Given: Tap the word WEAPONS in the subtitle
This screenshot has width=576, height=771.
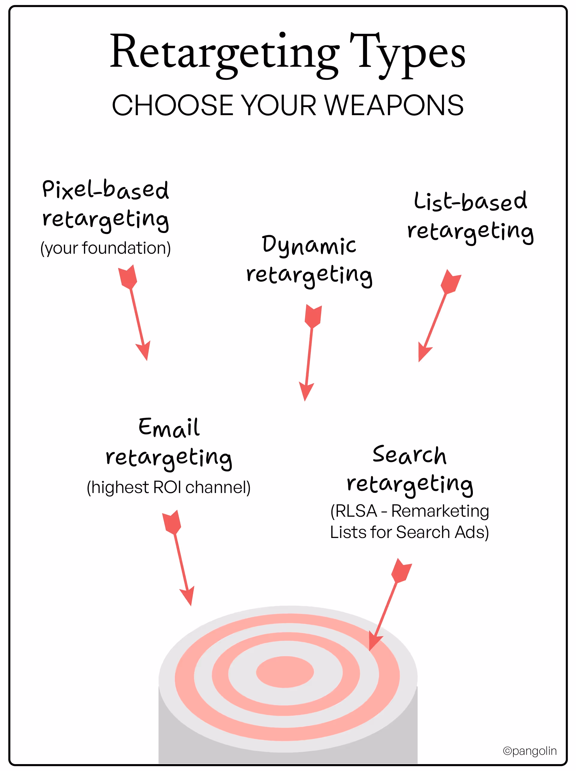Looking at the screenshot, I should point(393,105).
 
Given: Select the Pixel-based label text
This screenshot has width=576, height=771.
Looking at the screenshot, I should point(106,190).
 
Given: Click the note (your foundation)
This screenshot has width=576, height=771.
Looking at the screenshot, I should point(106,248).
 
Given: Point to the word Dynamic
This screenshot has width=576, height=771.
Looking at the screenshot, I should point(309,245).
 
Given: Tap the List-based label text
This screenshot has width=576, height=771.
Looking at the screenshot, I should point(470,202).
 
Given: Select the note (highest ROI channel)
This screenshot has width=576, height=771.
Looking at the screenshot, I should point(169,487).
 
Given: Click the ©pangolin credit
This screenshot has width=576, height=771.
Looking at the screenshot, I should point(529,751).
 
